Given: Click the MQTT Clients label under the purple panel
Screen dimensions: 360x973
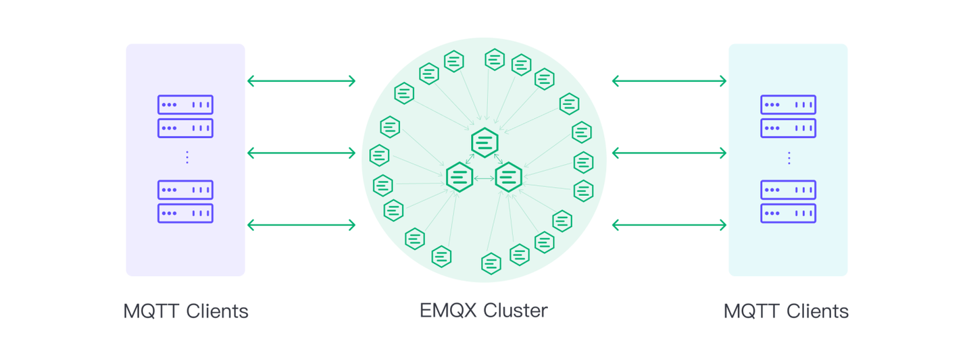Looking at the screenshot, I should coord(186,311).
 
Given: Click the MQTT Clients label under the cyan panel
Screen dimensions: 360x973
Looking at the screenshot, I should coord(786,311).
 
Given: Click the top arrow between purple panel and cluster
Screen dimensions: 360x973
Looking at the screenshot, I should coord(301,81).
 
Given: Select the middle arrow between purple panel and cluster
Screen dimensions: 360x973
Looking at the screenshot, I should coord(301,153).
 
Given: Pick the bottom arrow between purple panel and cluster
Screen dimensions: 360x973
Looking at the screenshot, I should coord(301,225).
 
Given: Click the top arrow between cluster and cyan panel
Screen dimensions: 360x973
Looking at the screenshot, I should coord(669,81).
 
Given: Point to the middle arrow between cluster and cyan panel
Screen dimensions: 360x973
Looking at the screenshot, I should coord(669,153).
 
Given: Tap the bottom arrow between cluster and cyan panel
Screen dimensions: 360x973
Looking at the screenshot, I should coord(669,225).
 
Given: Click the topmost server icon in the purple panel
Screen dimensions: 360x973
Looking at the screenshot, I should coord(185,105).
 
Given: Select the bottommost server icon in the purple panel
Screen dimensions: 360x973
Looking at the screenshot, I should coord(185,213).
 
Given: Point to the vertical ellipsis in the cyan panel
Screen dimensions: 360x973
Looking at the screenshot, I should coord(789,157).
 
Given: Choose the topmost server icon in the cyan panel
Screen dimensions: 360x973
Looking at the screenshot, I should coord(788,105).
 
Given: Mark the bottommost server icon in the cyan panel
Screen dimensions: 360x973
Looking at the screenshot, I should coord(788,213).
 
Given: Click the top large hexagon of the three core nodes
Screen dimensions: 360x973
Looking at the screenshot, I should coord(484,143).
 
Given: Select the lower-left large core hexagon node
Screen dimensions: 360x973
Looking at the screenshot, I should coord(459,178).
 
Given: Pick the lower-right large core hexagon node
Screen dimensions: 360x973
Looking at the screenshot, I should coord(509,178).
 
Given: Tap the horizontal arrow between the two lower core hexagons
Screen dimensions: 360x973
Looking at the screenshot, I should coord(484,178).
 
